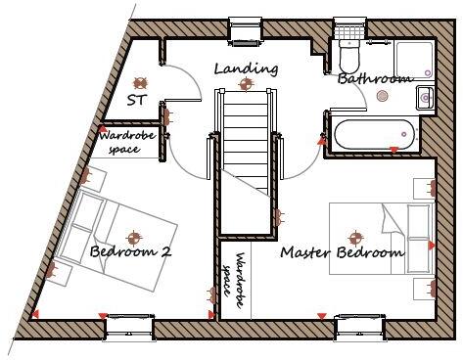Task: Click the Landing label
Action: [246, 69]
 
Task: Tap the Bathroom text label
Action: [375, 78]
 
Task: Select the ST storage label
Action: [138, 101]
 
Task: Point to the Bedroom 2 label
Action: [130, 252]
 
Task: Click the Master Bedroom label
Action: [342, 253]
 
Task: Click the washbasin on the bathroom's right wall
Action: [425, 96]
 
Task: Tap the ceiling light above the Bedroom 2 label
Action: [132, 235]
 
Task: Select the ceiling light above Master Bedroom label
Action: [354, 236]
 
